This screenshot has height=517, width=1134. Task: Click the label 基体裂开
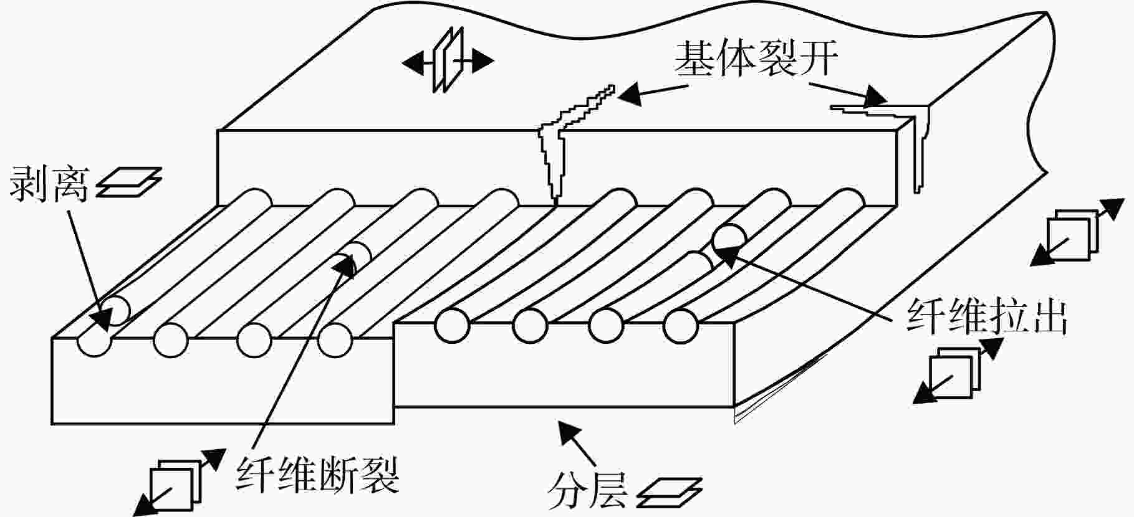[x=756, y=59]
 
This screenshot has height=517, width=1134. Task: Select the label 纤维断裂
[x=317, y=475]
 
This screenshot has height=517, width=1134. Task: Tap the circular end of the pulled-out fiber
[x=729, y=238]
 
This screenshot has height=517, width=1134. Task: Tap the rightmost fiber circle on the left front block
[x=335, y=340]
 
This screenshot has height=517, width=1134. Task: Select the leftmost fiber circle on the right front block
[x=451, y=325]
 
